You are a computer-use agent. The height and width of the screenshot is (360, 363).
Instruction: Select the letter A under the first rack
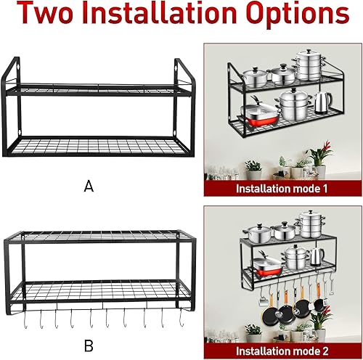coord(89,187)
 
